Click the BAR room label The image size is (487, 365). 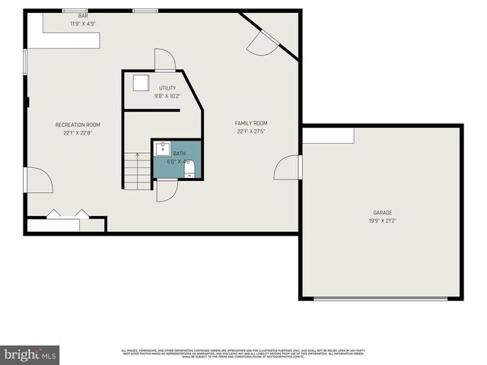(83, 16)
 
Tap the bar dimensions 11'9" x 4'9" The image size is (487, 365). (83, 24)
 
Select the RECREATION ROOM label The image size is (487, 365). (78, 125)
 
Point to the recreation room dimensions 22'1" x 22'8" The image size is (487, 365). (78, 132)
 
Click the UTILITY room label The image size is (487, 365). (167, 88)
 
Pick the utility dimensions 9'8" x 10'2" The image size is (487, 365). (167, 96)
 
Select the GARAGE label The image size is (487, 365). (382, 213)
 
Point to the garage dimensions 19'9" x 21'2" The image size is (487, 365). (382, 221)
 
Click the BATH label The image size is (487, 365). (179, 153)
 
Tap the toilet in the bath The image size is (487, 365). (189, 169)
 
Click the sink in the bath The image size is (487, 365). (162, 150)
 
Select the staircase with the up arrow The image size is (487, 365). (137, 171)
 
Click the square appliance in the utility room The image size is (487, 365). (142, 83)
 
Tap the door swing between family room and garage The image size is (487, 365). (288, 167)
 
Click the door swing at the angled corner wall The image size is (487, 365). (259, 44)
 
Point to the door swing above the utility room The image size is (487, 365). (165, 60)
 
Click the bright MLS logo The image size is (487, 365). (30, 354)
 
